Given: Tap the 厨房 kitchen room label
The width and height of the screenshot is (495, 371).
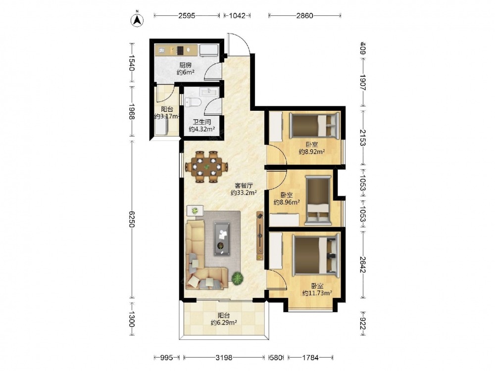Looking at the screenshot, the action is coord(186,65).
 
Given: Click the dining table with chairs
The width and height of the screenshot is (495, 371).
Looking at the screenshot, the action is coord(206,167).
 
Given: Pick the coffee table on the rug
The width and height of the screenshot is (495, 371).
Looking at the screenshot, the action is coord(222,238).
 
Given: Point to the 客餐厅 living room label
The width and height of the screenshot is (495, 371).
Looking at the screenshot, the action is coord(244,185).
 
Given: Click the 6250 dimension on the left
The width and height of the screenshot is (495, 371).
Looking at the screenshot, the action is coord(132,219).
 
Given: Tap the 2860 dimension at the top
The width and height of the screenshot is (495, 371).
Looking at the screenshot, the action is coord(304,15).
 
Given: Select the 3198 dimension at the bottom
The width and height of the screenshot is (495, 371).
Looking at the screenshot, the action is coord(224,358).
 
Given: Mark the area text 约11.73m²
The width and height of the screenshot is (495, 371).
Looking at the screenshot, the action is coord(317,293).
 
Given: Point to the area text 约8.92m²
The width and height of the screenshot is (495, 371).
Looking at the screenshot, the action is coord(312,152).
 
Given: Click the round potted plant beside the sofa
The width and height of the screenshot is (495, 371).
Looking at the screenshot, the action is coord(238,278).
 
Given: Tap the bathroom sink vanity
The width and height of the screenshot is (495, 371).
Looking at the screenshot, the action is coord(209,92).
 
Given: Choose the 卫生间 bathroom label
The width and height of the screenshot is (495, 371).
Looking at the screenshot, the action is coord(202,122).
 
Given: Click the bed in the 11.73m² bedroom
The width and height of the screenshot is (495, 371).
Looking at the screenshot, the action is coord(316,255).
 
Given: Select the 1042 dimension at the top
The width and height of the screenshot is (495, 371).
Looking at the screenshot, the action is coord(237,15).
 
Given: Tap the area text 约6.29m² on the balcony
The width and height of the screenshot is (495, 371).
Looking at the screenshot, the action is coord(224,323).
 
